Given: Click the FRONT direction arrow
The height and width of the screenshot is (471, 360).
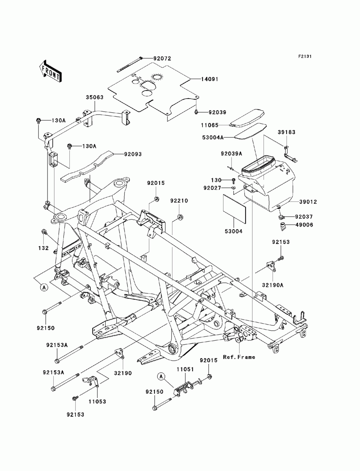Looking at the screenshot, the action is [50, 71].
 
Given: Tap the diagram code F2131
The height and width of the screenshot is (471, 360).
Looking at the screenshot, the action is [305, 56].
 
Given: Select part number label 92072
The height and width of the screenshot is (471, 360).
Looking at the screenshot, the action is [162, 58].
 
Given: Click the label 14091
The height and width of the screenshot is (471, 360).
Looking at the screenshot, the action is [209, 79].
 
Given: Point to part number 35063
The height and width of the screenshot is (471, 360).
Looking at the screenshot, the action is [95, 97].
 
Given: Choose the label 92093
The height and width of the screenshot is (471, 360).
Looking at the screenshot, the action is [133, 154].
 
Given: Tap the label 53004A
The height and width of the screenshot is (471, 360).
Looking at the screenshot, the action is [213, 137].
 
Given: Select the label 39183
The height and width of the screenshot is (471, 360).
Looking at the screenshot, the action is [286, 132].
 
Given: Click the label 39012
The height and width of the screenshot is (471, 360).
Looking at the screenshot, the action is [308, 202].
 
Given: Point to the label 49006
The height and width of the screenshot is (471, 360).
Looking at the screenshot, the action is [304, 225].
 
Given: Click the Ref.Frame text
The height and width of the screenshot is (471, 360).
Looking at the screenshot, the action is [239, 357].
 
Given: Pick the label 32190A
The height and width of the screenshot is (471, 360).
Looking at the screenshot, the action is [273, 285].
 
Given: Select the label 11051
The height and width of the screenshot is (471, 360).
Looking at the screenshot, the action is [185, 369].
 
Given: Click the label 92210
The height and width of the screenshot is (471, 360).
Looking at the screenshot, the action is [179, 201].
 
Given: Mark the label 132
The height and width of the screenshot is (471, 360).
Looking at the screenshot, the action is [44, 248].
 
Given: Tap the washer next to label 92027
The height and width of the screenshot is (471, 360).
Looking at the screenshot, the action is [233, 188].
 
